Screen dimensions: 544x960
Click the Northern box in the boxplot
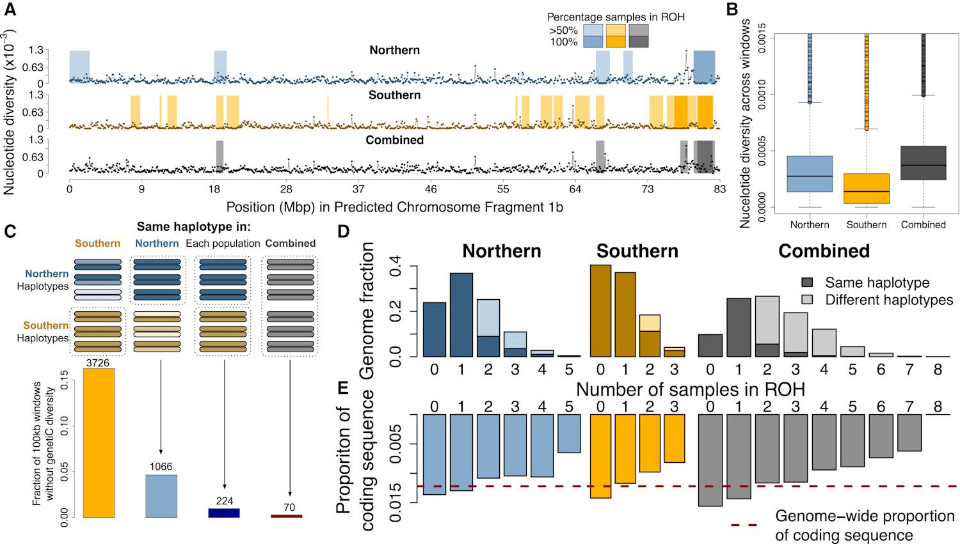(810, 174)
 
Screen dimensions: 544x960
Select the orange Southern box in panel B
(867, 189)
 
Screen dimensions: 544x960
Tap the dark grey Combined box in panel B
(923, 163)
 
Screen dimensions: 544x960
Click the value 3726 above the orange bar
(98, 363)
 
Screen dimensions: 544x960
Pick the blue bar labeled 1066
(161, 496)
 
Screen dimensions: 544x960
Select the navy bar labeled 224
(224, 513)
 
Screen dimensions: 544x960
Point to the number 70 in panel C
(289, 508)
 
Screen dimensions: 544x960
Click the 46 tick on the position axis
(431, 189)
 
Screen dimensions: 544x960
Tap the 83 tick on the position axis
(720, 189)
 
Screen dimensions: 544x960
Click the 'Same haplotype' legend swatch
(808, 283)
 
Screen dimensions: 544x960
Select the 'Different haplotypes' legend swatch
(808, 300)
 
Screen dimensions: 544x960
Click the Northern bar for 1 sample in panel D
(461, 315)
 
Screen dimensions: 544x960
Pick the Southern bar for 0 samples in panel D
(600, 311)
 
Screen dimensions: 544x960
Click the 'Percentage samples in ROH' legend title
(616, 17)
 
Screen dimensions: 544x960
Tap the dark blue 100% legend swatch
(593, 42)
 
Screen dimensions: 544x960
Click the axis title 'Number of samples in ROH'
(690, 389)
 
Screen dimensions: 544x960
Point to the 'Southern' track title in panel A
(394, 95)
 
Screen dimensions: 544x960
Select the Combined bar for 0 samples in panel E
(710, 460)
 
